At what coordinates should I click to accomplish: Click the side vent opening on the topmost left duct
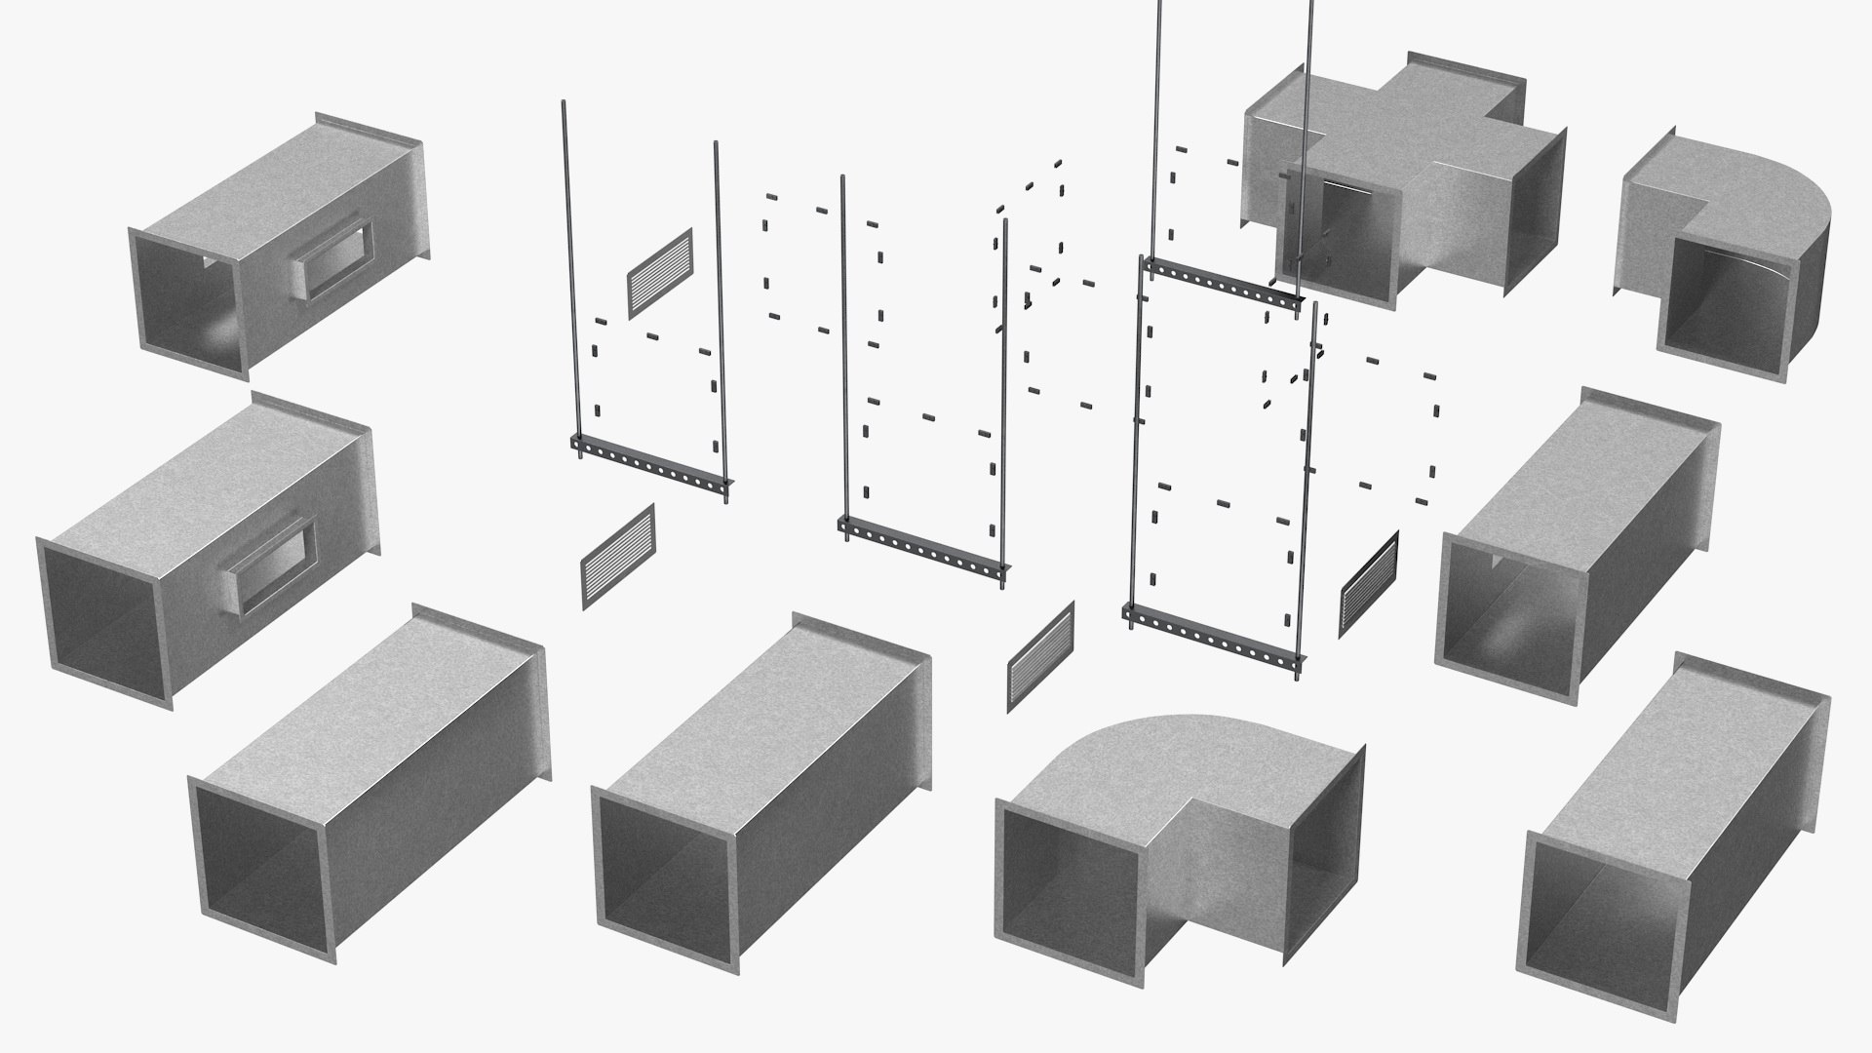coord(334,258)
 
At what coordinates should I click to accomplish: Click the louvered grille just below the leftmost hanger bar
coord(618,557)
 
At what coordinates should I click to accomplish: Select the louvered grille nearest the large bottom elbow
coord(1040,656)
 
